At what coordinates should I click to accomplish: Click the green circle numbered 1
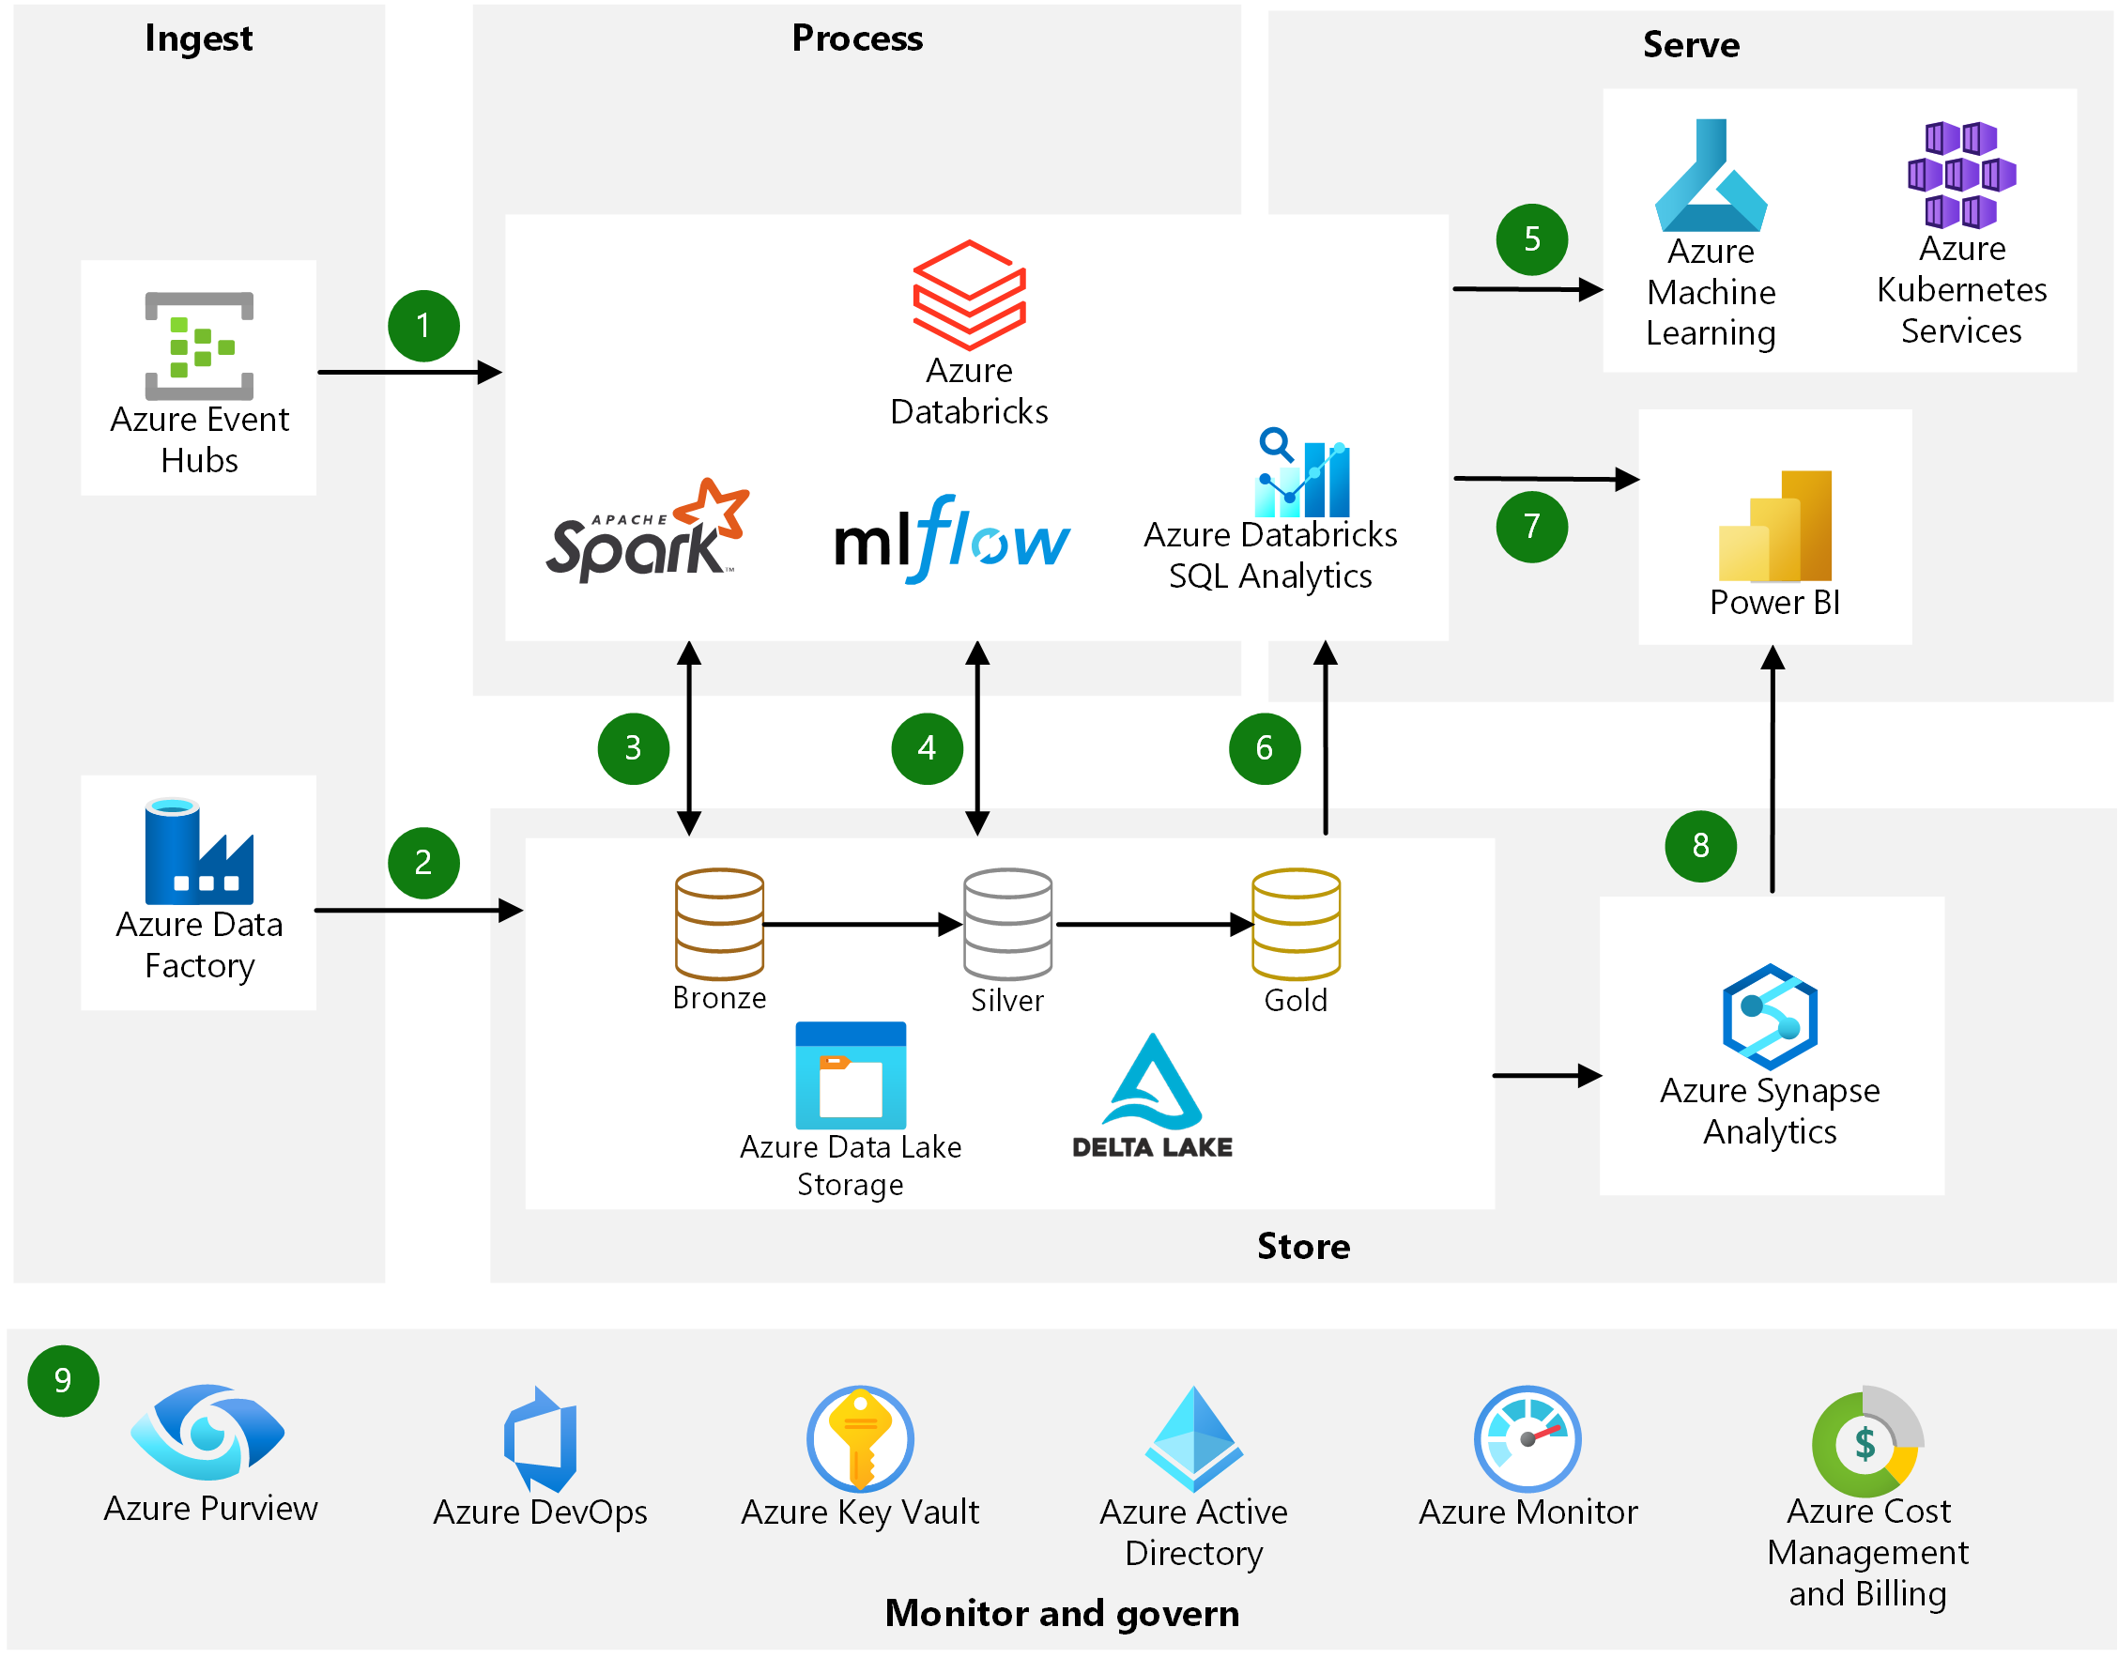[x=423, y=325]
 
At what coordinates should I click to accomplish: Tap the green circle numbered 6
[x=1263, y=747]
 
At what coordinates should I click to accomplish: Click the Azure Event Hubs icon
[x=199, y=345]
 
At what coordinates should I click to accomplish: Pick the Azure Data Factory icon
[x=199, y=852]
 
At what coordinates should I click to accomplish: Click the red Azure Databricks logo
[x=968, y=295]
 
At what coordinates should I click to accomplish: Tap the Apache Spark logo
[x=646, y=531]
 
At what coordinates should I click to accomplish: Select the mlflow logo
[x=951, y=539]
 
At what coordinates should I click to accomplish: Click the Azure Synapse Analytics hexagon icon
[x=1769, y=1016]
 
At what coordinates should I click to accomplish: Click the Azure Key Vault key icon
[x=859, y=1437]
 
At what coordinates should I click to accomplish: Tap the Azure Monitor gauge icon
[x=1526, y=1437]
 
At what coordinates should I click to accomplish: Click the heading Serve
[x=1690, y=45]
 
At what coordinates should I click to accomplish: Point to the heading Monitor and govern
[x=1061, y=1612]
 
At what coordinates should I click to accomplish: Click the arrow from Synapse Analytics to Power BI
[x=1772, y=767]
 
